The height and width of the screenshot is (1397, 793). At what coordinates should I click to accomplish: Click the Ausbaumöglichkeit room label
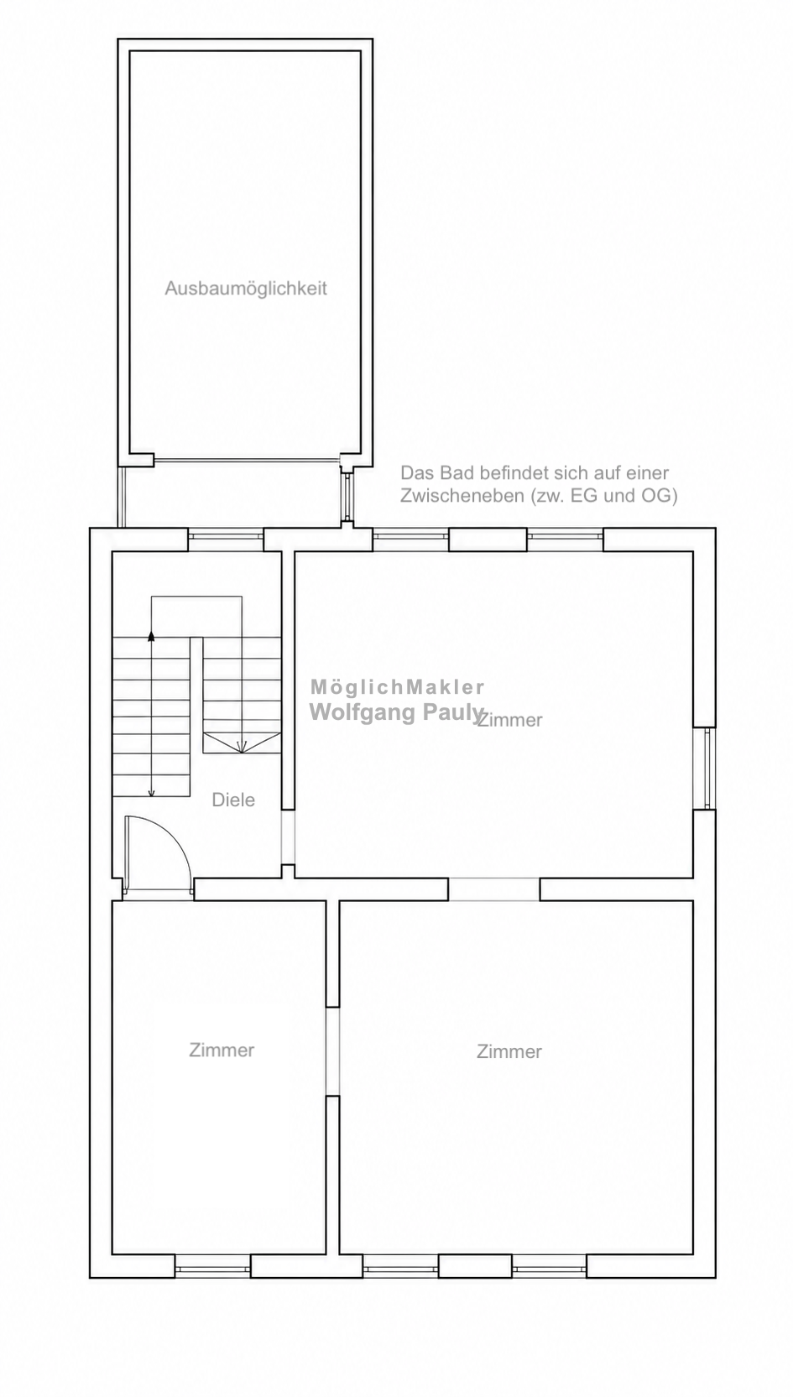246,289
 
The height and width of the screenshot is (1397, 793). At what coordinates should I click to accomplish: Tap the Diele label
233,800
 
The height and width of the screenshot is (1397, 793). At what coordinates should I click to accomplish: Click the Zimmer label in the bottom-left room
222,1050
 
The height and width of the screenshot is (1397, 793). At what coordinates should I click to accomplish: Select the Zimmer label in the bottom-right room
509,1051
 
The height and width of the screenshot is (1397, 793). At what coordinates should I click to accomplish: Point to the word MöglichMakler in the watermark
398,686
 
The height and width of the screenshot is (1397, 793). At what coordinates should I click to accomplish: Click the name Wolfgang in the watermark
363,712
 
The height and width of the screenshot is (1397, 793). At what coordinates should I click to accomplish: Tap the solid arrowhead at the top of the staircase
151,636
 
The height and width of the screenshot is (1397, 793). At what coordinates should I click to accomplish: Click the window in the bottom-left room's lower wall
212,1267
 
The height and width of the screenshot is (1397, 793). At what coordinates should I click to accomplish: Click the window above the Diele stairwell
226,540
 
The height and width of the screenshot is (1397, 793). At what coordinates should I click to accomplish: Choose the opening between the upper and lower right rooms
494,889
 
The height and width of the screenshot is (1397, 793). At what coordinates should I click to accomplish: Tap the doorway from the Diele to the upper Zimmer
288,837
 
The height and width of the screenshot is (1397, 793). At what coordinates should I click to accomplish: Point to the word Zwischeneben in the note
462,496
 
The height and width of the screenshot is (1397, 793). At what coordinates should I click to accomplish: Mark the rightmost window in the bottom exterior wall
550,1267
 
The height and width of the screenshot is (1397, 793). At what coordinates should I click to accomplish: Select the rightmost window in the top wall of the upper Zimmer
566,540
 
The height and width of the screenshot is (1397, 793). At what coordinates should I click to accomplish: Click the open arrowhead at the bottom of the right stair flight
243,745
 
